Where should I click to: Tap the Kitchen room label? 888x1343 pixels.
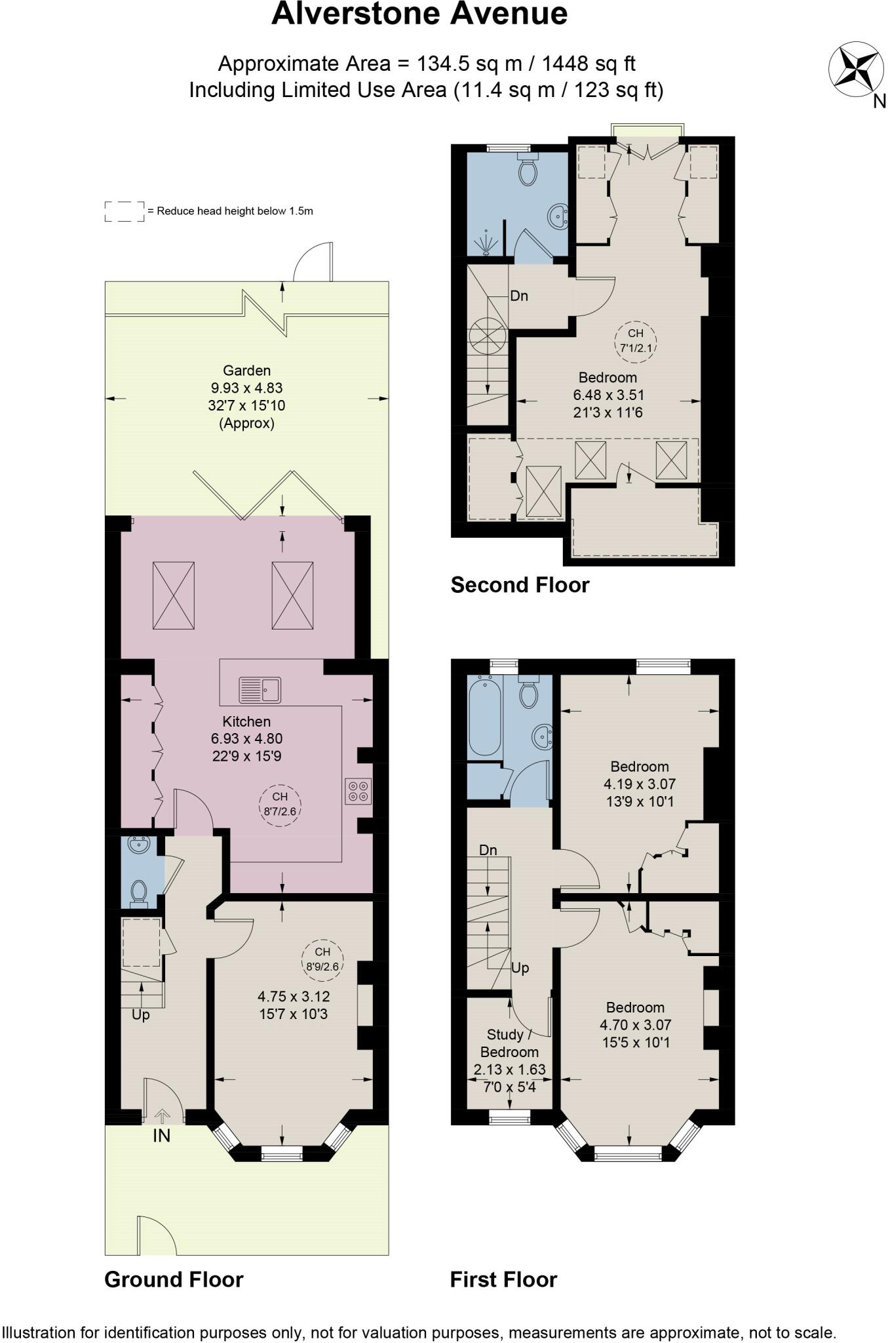point(246,721)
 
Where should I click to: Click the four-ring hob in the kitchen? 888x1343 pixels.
point(358,791)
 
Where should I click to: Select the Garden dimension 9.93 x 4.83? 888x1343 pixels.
point(246,388)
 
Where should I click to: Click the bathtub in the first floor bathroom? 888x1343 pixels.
point(485,717)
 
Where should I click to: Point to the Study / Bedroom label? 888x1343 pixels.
point(509,1043)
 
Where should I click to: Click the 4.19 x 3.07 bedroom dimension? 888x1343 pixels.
point(639,784)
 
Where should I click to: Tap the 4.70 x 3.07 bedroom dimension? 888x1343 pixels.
point(635,1024)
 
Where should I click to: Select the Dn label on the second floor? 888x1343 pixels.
point(519,296)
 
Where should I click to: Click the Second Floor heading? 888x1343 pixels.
point(520,585)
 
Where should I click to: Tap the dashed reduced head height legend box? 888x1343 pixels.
point(125,211)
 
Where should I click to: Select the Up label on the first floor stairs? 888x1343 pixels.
point(520,968)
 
